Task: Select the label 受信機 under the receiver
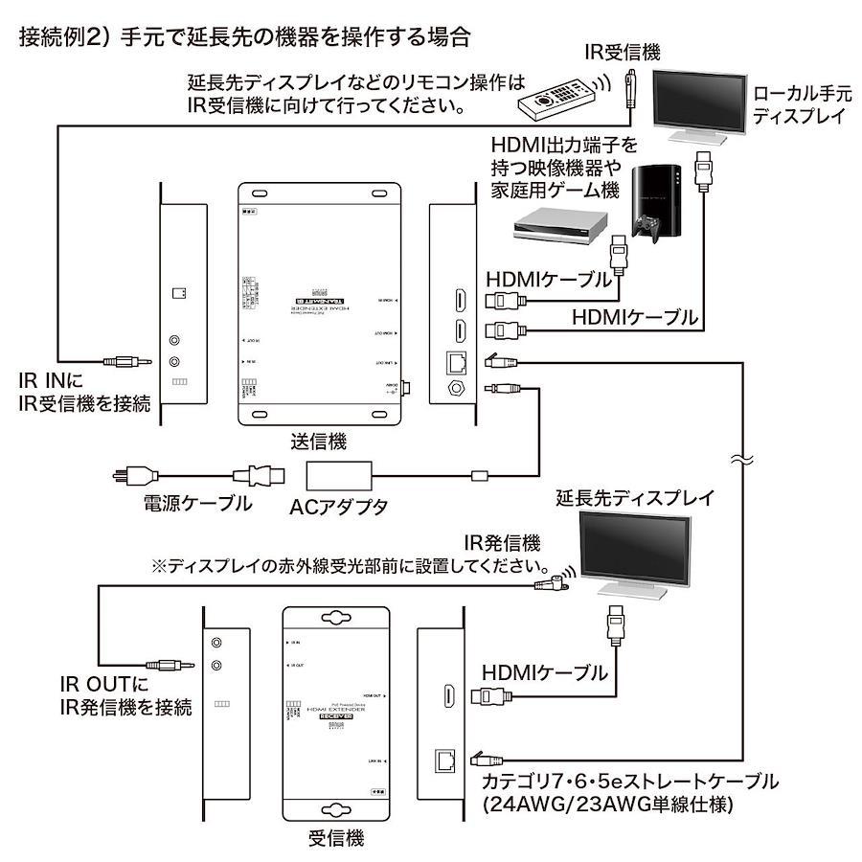tap(335, 839)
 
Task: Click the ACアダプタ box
tap(340, 474)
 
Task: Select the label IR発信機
tap(502, 543)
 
